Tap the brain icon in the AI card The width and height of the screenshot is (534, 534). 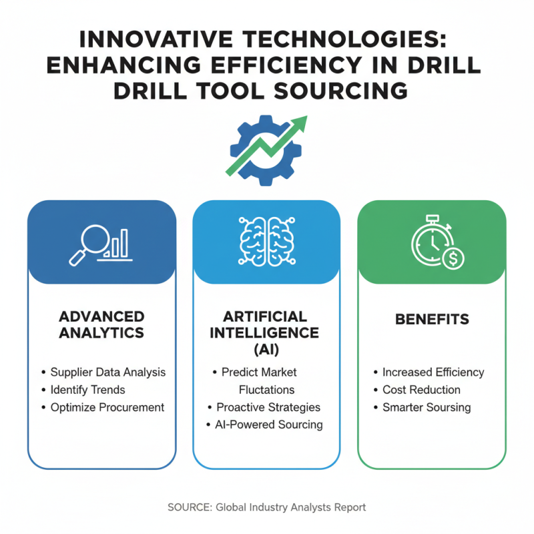(x=266, y=239)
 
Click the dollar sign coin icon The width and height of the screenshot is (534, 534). (x=453, y=258)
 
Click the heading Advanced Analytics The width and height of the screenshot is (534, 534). (x=101, y=323)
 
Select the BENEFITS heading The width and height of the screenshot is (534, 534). (x=432, y=319)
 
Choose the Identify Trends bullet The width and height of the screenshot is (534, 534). (x=87, y=389)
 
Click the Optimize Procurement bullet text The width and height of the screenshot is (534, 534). (x=107, y=407)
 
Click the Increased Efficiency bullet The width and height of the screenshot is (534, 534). (x=433, y=372)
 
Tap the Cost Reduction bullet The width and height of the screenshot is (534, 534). (x=421, y=389)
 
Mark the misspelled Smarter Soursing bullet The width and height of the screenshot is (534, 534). (x=427, y=407)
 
